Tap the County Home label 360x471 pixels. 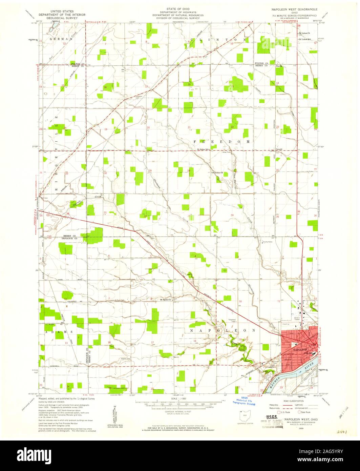(268, 242)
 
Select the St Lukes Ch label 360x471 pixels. (304, 33)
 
